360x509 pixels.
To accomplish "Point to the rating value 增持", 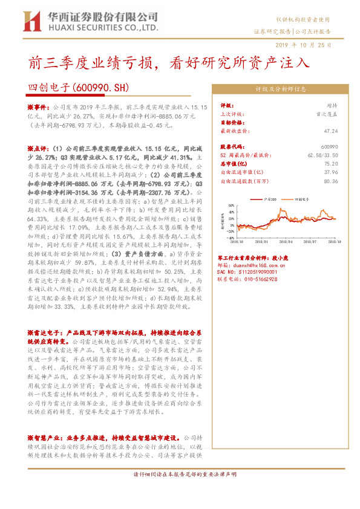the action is pyautogui.click(x=332, y=105).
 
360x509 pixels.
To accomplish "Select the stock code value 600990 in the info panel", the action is pyautogui.click(x=330, y=147).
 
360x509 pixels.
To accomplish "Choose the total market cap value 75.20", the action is pyautogui.click(x=331, y=163).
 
